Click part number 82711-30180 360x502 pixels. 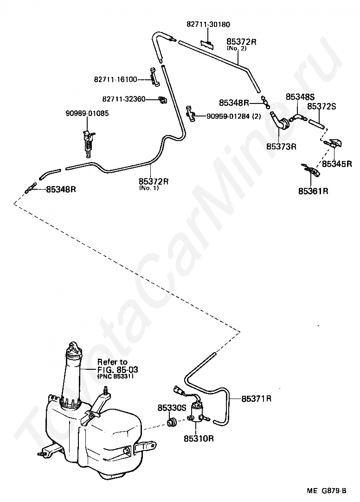point(208,25)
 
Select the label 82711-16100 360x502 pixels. point(116,79)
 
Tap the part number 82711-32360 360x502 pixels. point(124,99)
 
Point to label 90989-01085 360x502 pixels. point(87,113)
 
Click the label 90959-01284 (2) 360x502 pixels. point(234,116)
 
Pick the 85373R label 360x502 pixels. point(281,147)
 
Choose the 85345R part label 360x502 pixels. point(337,164)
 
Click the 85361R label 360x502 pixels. point(313,192)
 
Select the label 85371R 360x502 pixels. point(257,399)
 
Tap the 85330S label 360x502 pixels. point(172,408)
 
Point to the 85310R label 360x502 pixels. point(199,438)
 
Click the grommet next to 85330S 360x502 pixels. point(172,422)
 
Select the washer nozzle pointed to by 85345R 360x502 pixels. point(334,143)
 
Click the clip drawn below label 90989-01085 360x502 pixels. point(88,142)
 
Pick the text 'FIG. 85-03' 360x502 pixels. point(118,370)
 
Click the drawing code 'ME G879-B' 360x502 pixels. point(327,490)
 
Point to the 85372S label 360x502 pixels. point(321,106)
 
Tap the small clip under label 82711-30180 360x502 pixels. point(208,44)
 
